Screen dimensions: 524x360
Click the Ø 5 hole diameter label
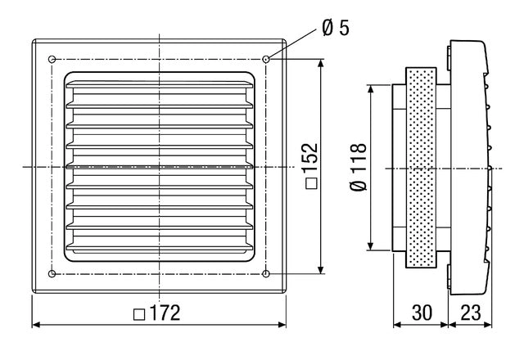click(x=336, y=28)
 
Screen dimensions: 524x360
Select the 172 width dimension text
click(x=165, y=313)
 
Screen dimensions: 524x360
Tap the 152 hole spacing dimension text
click(x=309, y=158)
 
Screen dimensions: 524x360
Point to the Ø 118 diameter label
click(x=359, y=167)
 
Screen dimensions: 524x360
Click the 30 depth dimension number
click(x=422, y=313)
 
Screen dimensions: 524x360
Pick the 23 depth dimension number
click(x=471, y=313)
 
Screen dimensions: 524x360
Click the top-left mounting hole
click(x=52, y=60)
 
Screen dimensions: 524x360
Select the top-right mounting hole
click(x=265, y=60)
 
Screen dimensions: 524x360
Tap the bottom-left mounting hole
click(x=52, y=274)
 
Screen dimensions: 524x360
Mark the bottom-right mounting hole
click(x=265, y=274)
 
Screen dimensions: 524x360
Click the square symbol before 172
click(x=139, y=314)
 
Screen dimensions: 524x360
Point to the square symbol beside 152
click(x=311, y=183)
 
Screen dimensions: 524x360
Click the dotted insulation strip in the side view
click(x=421, y=168)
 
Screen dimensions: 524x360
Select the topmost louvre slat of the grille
click(x=160, y=84)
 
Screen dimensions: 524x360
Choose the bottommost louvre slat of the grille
click(x=160, y=247)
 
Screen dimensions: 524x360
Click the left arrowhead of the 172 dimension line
click(x=36, y=325)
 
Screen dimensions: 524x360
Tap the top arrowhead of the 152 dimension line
click(x=321, y=64)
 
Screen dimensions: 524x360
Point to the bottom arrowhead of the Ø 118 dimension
click(x=370, y=245)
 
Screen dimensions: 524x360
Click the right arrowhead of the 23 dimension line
click(x=488, y=325)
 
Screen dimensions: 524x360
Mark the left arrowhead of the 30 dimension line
click(x=397, y=325)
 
